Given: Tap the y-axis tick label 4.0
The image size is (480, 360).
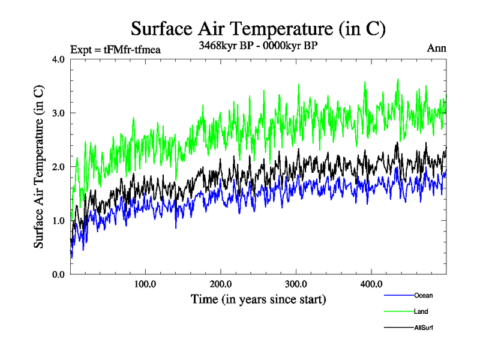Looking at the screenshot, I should [58, 59].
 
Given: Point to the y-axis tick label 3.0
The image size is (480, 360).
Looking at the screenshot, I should [58, 113].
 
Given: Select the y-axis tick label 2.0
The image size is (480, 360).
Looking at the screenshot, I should [58, 167].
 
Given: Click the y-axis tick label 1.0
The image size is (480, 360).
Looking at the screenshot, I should [58, 220].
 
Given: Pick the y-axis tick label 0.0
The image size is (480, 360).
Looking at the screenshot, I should [58, 274].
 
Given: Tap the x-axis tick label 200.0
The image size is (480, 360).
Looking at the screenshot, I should [221, 284].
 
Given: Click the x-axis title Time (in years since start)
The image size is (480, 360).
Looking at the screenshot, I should [258, 298].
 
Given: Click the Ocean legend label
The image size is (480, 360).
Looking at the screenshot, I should [423, 295].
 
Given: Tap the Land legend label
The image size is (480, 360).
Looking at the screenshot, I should [421, 311].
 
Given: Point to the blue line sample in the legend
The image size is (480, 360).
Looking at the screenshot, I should [398, 295].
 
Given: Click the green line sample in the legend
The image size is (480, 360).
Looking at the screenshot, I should [398, 311].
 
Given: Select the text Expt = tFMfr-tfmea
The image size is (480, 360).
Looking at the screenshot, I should [115, 49].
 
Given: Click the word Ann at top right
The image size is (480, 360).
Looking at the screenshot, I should [436, 47].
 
